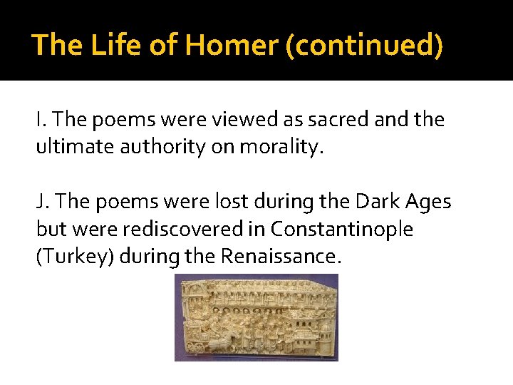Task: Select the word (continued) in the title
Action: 363,46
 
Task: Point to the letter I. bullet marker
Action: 41,120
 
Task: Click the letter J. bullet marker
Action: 42,202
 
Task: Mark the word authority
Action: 159,148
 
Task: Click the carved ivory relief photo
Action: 256,317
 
